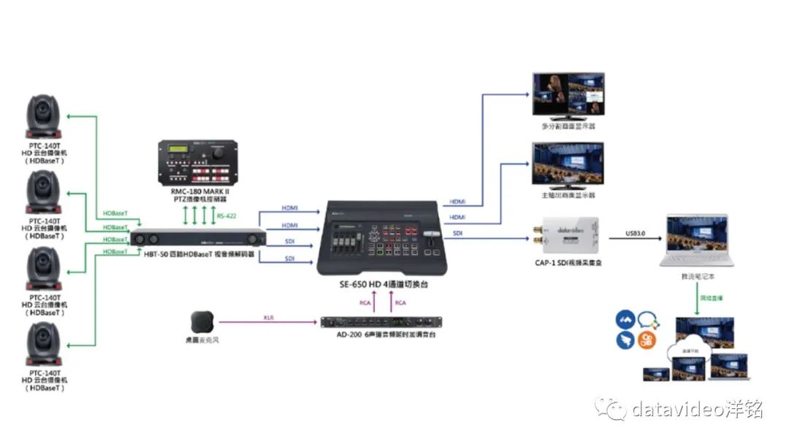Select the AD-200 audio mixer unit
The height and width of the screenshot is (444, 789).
(x=382, y=322)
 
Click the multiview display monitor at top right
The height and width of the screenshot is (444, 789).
(x=568, y=96)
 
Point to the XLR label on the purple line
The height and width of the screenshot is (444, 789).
(x=269, y=318)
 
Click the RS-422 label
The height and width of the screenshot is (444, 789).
(x=226, y=215)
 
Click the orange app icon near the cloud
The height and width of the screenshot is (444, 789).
(x=647, y=338)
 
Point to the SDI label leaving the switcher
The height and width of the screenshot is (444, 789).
(x=457, y=234)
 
